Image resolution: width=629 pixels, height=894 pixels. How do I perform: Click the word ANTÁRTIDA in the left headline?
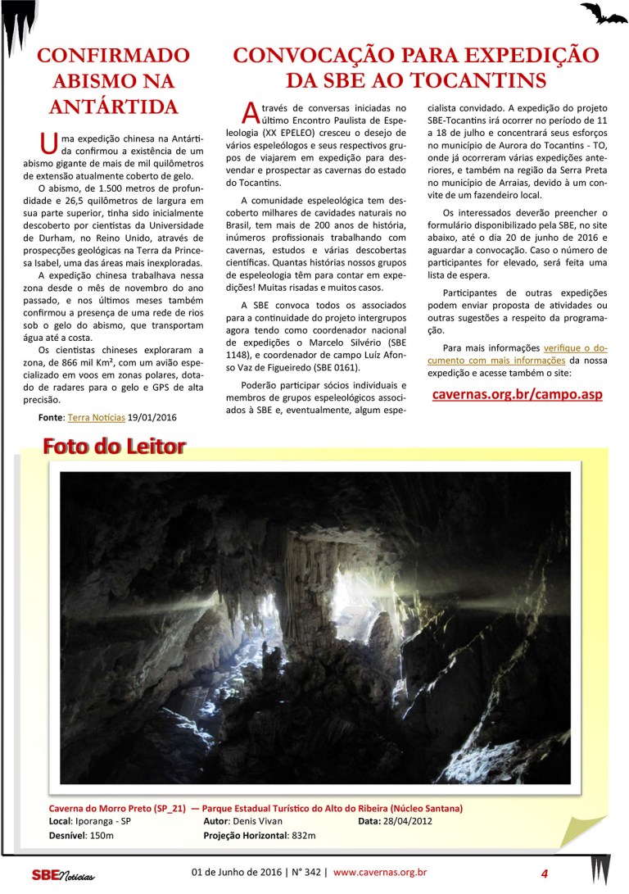[113, 107]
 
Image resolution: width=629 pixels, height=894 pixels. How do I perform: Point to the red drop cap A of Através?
[252, 112]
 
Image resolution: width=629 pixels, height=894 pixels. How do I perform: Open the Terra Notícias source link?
[96, 417]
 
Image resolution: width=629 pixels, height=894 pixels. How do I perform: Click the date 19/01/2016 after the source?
[152, 417]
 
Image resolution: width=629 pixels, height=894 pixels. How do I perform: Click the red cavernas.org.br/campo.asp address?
[517, 393]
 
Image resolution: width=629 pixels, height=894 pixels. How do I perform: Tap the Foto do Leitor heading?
[114, 447]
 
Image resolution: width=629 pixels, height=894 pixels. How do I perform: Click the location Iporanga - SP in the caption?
[102, 820]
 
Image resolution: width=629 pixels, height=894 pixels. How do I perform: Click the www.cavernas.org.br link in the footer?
[380, 872]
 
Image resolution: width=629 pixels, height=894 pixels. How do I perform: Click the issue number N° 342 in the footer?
[305, 872]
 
